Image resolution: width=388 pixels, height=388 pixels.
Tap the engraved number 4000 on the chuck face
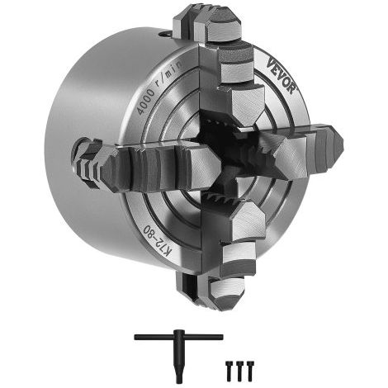pyautogui.click(x=146, y=102)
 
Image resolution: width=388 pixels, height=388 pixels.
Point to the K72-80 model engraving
pyautogui.click(x=157, y=239)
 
